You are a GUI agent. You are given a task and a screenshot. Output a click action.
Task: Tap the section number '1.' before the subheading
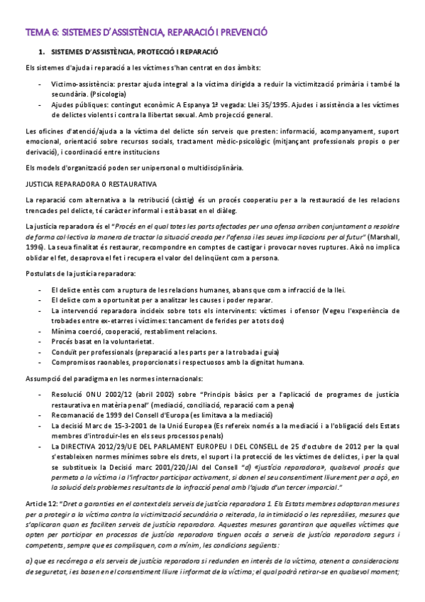[x=42, y=53]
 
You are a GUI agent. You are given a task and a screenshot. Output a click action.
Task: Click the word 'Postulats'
[x=40, y=273]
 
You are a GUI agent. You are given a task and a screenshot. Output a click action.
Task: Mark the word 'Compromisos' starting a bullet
[x=73, y=361]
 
